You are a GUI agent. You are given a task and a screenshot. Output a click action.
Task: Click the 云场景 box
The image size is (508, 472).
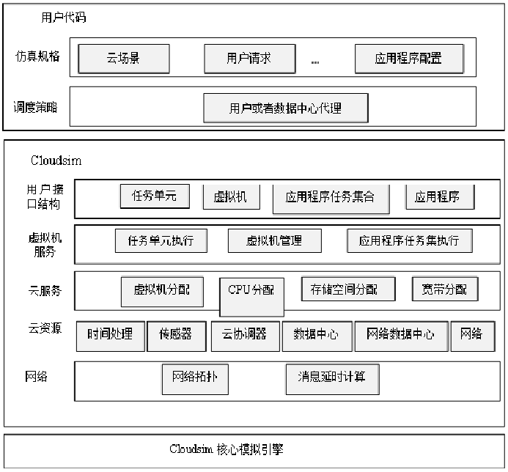(124, 58)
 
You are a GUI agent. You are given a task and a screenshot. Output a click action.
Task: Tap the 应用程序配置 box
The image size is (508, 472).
(408, 58)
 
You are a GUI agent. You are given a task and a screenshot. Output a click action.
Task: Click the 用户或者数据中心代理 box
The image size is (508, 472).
(285, 108)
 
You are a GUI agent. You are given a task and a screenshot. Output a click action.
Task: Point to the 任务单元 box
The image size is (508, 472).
(155, 195)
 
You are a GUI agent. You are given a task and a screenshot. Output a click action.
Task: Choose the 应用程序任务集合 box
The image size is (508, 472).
(330, 197)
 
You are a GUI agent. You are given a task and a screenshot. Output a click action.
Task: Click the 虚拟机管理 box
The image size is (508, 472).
(274, 240)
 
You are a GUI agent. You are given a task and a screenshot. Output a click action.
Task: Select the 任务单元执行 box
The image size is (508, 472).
(161, 240)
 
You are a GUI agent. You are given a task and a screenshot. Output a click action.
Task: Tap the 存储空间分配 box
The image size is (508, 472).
(349, 289)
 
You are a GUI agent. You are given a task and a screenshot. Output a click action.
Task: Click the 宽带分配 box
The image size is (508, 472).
(444, 289)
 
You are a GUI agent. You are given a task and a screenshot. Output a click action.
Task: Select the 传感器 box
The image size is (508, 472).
(176, 335)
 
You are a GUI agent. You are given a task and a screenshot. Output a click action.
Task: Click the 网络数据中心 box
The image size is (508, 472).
(401, 335)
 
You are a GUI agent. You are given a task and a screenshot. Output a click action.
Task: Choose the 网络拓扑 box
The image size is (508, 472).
(194, 377)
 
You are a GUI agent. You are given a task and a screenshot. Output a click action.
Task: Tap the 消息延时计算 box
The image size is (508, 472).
(332, 378)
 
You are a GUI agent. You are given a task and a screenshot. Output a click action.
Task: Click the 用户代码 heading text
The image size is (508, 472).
(64, 16)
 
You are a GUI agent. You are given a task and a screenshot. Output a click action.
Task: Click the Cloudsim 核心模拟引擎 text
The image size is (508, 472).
(226, 449)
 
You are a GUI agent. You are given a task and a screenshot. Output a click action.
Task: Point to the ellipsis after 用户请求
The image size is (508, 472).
(315, 62)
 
